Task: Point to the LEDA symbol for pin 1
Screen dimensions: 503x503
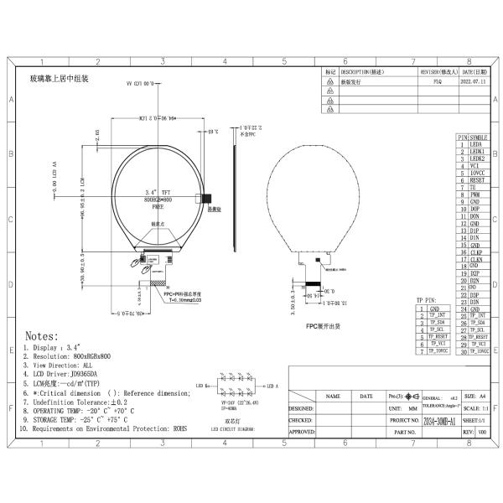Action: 478,143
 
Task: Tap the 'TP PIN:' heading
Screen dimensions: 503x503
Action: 428,299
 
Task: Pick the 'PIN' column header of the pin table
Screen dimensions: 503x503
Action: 461,136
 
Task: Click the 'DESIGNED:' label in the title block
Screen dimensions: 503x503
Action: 301,408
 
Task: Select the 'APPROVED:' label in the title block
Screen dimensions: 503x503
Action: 301,432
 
